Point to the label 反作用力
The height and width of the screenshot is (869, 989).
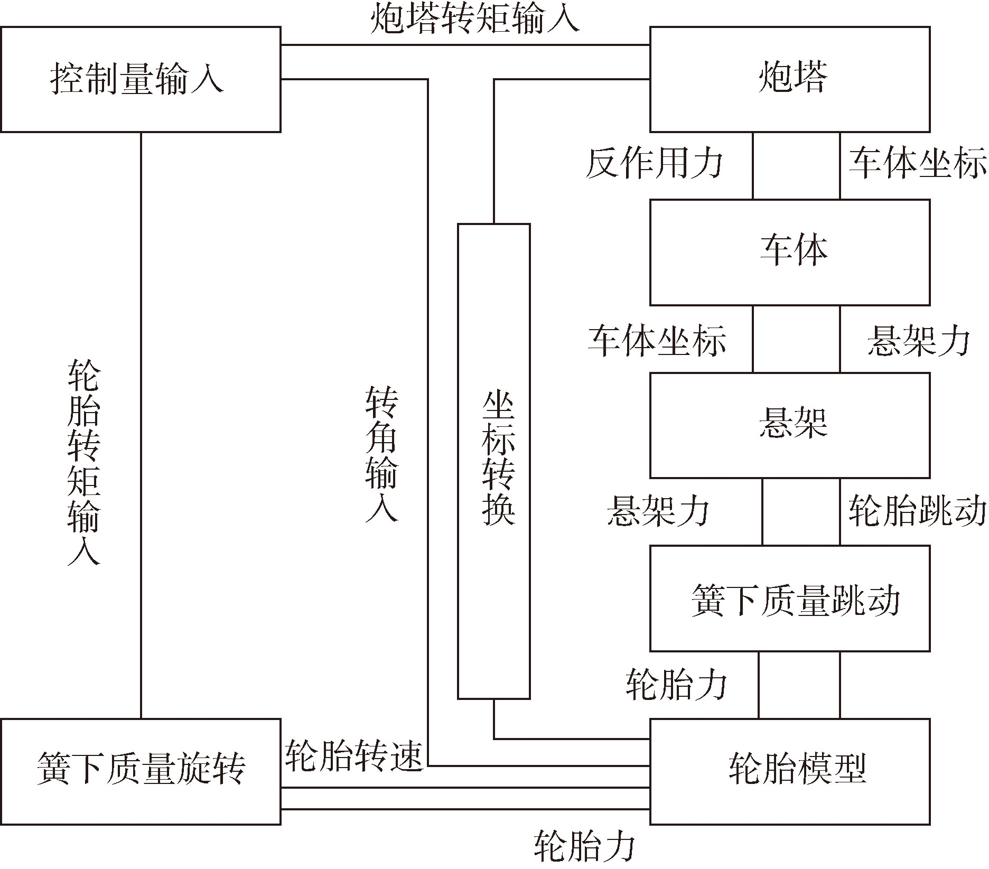pos(654,164)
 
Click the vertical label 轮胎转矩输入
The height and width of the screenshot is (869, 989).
pos(83,463)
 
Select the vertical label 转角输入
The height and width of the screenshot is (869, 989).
pos(381,454)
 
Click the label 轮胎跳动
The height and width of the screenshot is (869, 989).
pos(917,511)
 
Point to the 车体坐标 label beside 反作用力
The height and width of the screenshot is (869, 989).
pos(917,164)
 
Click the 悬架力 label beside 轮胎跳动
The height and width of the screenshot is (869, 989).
pos(658,511)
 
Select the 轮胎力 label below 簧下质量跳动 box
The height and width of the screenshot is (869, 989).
pos(677,685)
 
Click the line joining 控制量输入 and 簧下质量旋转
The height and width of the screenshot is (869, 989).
pos(141,425)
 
